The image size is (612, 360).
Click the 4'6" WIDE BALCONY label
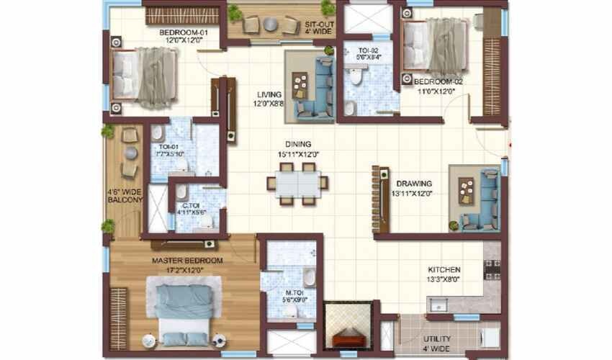click(x=124, y=197)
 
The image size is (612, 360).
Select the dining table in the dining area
click(x=297, y=182)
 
